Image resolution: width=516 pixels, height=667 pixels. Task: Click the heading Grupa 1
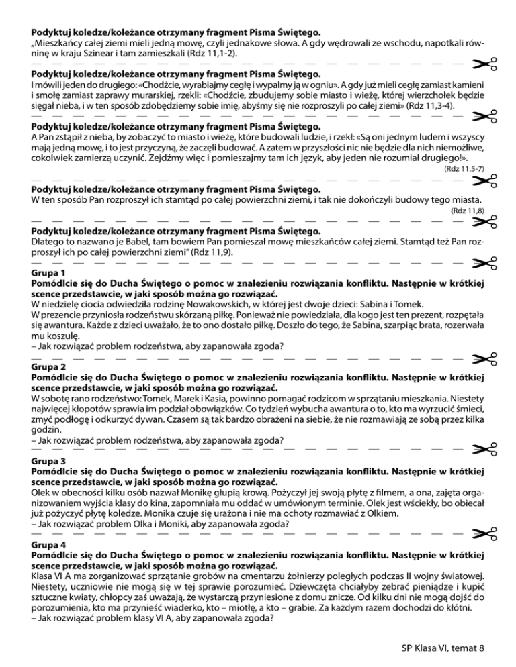(48, 274)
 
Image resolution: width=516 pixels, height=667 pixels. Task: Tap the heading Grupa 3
(48, 462)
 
